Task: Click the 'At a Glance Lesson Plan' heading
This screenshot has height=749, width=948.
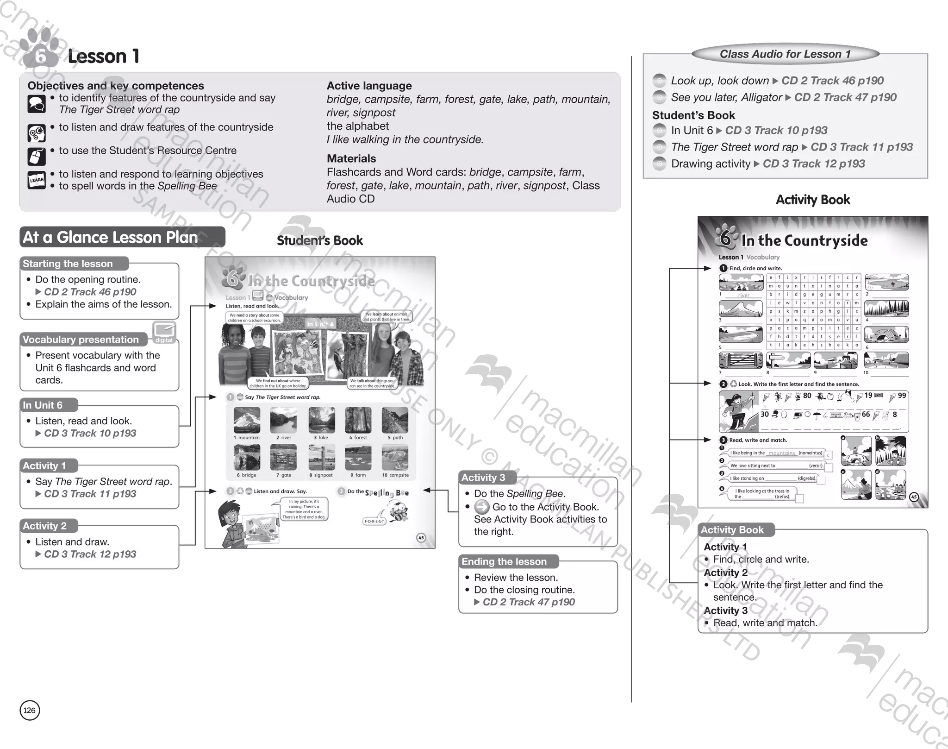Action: [x=110, y=238]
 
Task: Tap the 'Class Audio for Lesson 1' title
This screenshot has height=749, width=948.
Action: [x=785, y=54]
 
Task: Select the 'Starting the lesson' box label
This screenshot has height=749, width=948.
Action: [x=68, y=264]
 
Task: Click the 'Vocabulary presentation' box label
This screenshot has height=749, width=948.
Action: [x=81, y=340]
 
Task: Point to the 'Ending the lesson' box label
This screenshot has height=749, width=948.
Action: [x=504, y=561]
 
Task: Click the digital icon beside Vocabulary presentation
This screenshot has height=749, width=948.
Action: [x=164, y=331]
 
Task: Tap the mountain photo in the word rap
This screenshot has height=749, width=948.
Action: [x=247, y=420]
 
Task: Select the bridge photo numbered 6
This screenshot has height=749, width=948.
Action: [x=247, y=457]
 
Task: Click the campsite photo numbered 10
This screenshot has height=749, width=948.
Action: [x=395, y=457]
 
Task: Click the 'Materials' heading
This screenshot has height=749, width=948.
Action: [x=351, y=158]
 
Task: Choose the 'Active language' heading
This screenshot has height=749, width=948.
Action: [x=369, y=86]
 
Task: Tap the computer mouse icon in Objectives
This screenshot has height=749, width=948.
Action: [x=37, y=157]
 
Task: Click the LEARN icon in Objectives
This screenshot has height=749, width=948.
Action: [x=37, y=180]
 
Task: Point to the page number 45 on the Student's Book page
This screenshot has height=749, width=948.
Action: [x=421, y=538]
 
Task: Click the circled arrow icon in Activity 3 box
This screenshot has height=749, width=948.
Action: [x=482, y=507]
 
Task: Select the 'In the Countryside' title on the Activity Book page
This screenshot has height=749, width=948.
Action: [x=804, y=240]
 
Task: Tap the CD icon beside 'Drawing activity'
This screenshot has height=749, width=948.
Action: [x=659, y=164]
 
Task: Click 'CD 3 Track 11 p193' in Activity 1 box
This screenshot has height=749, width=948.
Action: [x=90, y=494]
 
